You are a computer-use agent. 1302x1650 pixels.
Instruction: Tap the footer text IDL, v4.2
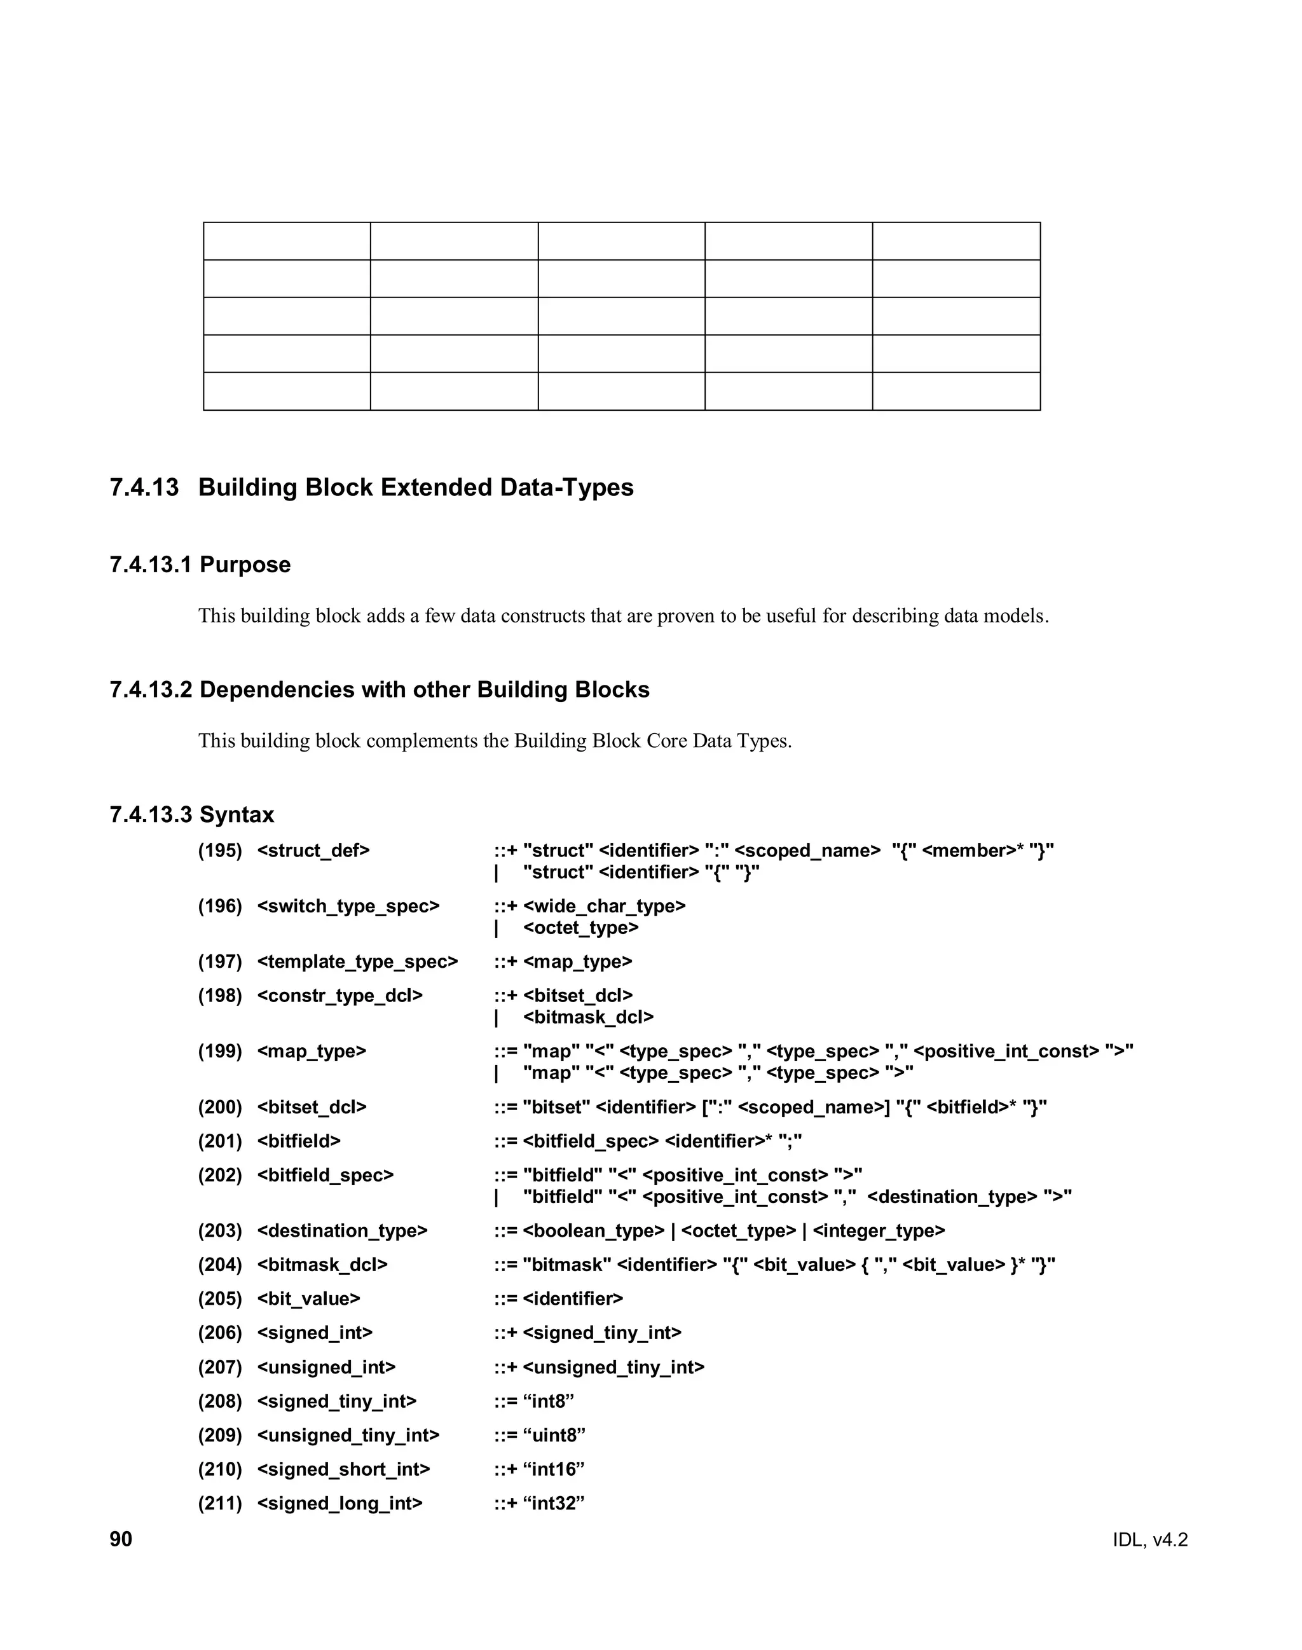pos(1149,1539)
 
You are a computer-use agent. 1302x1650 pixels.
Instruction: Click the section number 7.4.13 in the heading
pos(144,487)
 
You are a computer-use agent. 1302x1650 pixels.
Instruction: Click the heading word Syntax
pos(236,815)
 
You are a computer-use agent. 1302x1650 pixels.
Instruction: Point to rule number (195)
pos(219,850)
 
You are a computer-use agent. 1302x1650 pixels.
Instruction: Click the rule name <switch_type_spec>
pos(348,906)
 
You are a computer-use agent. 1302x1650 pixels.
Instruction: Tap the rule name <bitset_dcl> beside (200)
pos(312,1106)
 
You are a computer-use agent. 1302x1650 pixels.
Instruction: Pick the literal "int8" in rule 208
pos(548,1401)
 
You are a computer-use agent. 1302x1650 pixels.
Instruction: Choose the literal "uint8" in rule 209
pos(554,1435)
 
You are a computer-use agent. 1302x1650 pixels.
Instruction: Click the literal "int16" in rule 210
pos(554,1469)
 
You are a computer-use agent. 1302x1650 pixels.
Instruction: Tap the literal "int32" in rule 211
pos(554,1503)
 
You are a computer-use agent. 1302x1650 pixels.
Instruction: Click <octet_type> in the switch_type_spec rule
pos(581,927)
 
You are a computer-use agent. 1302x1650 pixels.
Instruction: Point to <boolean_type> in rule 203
pos(594,1230)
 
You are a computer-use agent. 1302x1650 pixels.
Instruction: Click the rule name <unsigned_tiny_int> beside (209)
pos(348,1435)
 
